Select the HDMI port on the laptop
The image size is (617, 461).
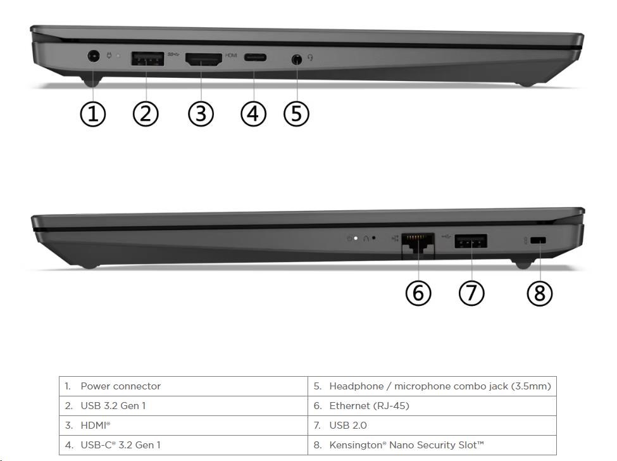pyautogui.click(x=203, y=59)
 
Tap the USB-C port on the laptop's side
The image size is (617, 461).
pyautogui.click(x=255, y=58)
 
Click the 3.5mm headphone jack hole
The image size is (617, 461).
pyautogui.click(x=297, y=60)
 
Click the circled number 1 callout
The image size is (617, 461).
pyautogui.click(x=93, y=114)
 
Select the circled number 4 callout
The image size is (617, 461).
pyautogui.click(x=253, y=114)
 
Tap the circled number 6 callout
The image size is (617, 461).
pyautogui.click(x=418, y=293)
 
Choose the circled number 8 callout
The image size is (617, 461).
pyautogui.click(x=540, y=293)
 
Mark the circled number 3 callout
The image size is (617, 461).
pyautogui.click(x=201, y=114)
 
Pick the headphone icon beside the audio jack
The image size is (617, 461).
pyautogui.click(x=311, y=58)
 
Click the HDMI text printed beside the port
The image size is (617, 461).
pyautogui.click(x=231, y=56)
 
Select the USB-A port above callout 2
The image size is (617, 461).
pyautogui.click(x=147, y=59)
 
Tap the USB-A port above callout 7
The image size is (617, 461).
pyautogui.click(x=471, y=241)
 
